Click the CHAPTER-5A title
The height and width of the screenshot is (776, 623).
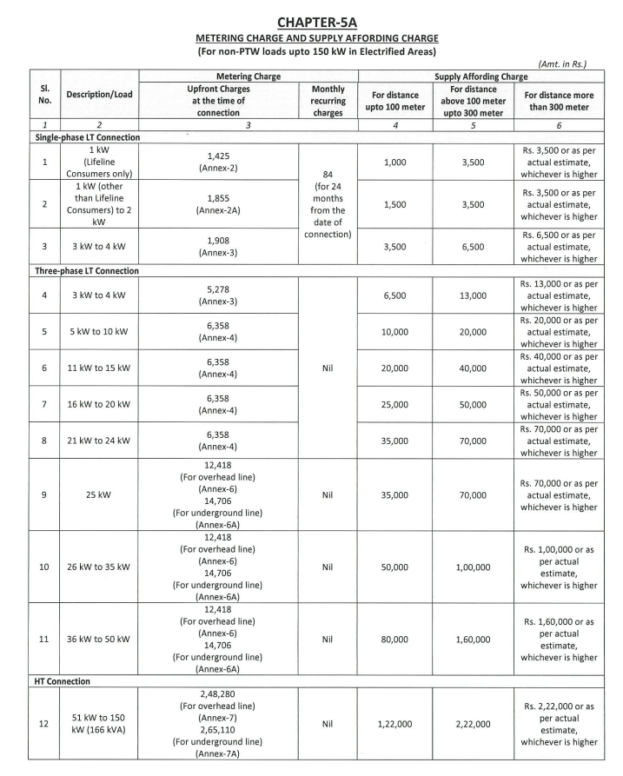310,17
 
